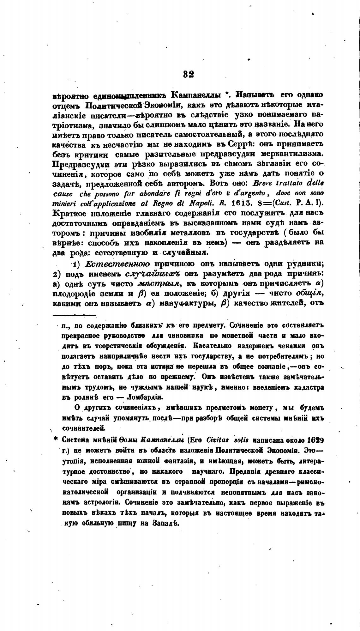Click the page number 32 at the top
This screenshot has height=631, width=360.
click(188, 75)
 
